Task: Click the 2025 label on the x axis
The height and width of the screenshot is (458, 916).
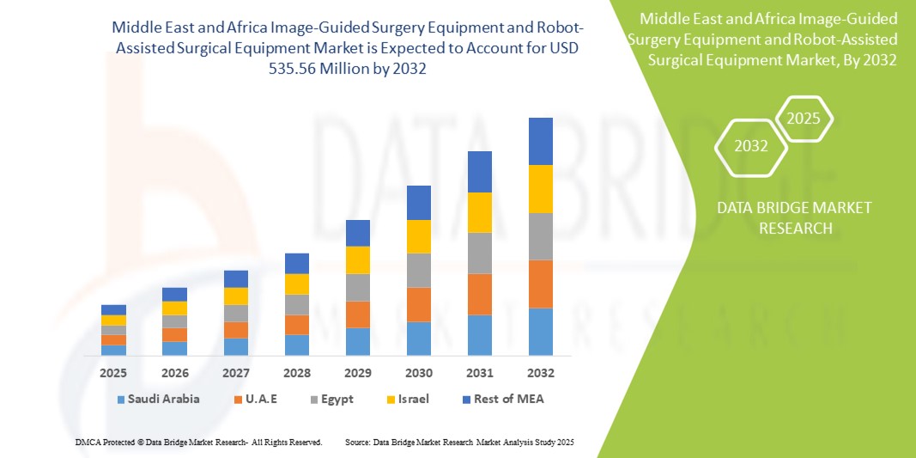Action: pyautogui.click(x=113, y=373)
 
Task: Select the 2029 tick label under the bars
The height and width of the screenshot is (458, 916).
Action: pyautogui.click(x=357, y=373)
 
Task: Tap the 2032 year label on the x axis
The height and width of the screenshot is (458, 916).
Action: pyautogui.click(x=540, y=373)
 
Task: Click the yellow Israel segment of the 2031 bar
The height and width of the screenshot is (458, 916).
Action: pyautogui.click(x=479, y=212)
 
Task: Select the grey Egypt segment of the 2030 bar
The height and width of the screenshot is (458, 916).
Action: pyautogui.click(x=418, y=270)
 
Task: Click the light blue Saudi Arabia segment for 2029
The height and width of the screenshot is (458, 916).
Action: pyautogui.click(x=357, y=341)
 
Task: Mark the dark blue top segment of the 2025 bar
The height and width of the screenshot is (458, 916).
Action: pyautogui.click(x=113, y=309)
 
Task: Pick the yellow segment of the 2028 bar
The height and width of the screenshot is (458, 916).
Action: pyautogui.click(x=296, y=284)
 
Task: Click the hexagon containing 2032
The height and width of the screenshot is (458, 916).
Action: pyautogui.click(x=751, y=146)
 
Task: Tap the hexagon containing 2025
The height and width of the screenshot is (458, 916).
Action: pyautogui.click(x=804, y=118)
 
